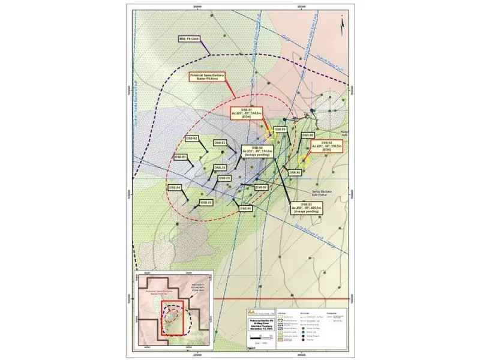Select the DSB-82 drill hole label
pyautogui.click(x=192, y=138)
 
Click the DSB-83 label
pyautogui.click(x=220, y=143)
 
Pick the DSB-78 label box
pyautogui.click(x=220, y=167)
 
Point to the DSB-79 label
pyautogui.click(x=224, y=178)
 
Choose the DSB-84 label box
pyautogui.click(x=175, y=187)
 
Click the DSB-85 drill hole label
pyautogui.click(x=206, y=203)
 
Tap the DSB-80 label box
pyautogui.click(x=245, y=208)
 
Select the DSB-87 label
pyautogui.click(x=261, y=188)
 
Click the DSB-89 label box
pyautogui.click(x=280, y=130)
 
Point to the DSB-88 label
pyautogui.click(x=307, y=136)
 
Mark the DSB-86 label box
pyautogui.click(x=295, y=172)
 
